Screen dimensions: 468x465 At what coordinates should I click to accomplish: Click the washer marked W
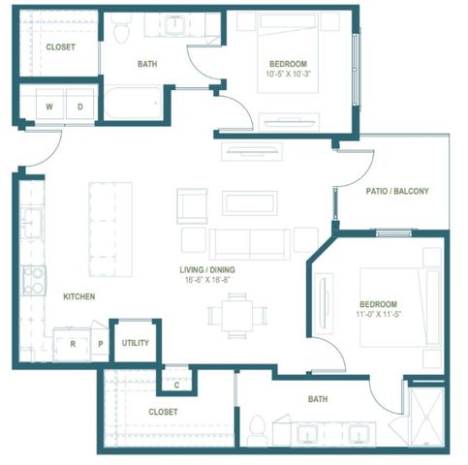[49, 105]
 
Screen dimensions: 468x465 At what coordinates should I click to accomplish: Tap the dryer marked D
[79, 105]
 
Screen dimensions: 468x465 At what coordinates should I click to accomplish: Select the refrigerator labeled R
[73, 344]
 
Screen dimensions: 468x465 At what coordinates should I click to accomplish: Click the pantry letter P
[101, 344]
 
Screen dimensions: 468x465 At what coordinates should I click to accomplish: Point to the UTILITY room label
[136, 343]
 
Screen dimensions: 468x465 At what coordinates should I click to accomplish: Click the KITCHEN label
[79, 296]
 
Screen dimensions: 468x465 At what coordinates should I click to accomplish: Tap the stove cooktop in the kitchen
[34, 280]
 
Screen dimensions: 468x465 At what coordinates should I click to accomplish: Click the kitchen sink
[31, 223]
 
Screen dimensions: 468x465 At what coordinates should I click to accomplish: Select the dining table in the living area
[237, 316]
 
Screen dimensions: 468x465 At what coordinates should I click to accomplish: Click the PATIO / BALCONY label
[397, 191]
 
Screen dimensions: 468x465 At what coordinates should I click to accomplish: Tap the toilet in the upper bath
[122, 29]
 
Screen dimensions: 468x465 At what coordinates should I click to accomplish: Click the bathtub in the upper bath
[133, 103]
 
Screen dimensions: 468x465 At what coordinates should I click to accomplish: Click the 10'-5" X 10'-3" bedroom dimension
[288, 74]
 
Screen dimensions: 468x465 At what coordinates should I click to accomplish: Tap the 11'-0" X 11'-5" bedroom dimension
[379, 314]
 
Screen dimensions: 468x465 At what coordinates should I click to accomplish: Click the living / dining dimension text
[207, 280]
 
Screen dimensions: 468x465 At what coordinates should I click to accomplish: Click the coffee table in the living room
[250, 203]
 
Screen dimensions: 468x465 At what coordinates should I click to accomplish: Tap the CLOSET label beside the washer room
[60, 47]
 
